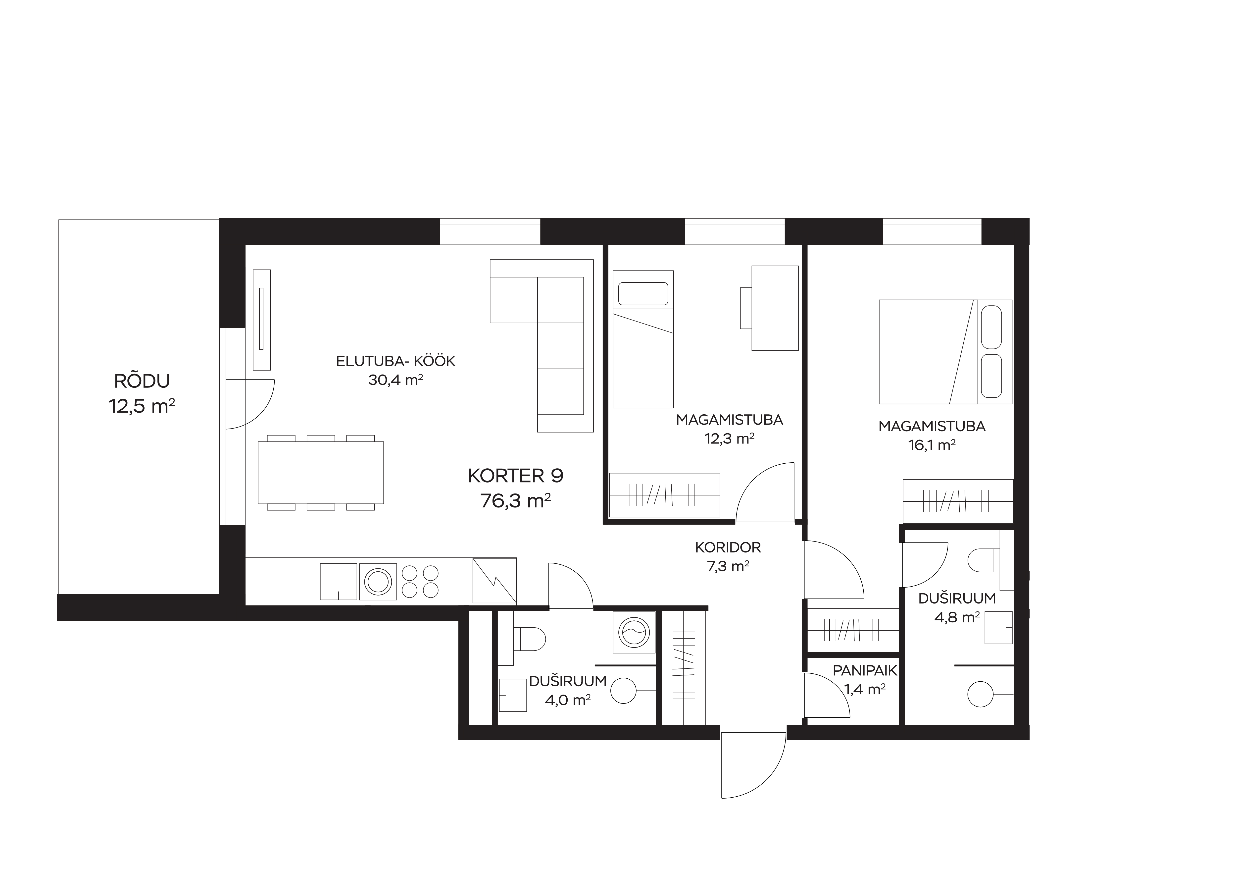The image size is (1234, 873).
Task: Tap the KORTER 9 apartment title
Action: [x=515, y=476]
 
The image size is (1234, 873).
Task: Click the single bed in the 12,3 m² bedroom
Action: [x=643, y=339]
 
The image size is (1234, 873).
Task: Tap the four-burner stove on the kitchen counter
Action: [x=420, y=582]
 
